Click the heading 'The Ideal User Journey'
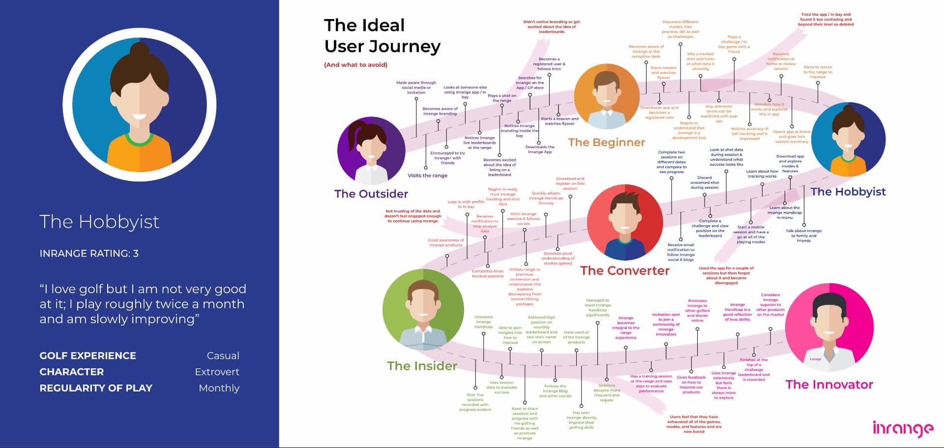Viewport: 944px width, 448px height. pyautogui.click(x=382, y=36)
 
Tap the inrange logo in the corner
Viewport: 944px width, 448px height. pyautogui.click(x=903, y=428)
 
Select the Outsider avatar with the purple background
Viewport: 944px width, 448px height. pyautogui.click(x=371, y=151)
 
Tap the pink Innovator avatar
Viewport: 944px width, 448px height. pyautogui.click(x=829, y=328)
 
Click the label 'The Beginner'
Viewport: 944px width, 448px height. pyautogui.click(x=606, y=143)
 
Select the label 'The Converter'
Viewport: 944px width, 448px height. pyautogui.click(x=624, y=271)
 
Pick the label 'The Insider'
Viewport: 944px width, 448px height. pyautogui.click(x=422, y=366)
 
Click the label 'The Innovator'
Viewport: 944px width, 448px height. pyautogui.click(x=829, y=385)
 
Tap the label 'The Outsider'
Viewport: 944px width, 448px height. pyautogui.click(x=371, y=194)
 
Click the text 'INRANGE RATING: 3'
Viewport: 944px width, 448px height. pyautogui.click(x=89, y=254)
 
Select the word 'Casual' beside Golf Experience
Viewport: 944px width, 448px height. pyautogui.click(x=223, y=356)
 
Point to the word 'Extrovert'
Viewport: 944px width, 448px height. pyautogui.click(x=217, y=372)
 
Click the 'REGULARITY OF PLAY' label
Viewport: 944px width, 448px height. pyautogui.click(x=96, y=388)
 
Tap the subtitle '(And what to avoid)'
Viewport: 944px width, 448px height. pyautogui.click(x=355, y=65)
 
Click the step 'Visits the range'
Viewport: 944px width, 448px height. pyautogui.click(x=427, y=176)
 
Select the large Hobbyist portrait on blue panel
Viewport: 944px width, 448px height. pyautogui.click(x=140, y=104)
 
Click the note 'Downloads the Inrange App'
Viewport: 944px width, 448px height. pyautogui.click(x=539, y=149)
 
